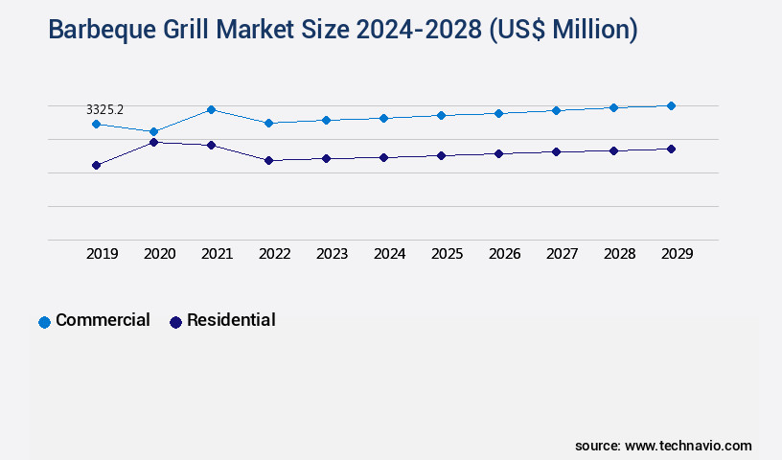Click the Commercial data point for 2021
211,109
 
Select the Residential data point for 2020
153,142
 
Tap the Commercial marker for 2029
671,105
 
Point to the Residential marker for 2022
268,160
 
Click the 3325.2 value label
104,110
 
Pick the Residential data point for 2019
96,165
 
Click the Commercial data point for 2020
153,131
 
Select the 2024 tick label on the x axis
389,254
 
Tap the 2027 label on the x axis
562,254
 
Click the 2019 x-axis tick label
102,254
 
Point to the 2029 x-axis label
677,254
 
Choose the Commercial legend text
103,320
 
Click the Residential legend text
231,320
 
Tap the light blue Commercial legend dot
44,322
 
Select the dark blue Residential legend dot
175,322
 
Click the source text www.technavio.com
688,446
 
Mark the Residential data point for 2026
498,153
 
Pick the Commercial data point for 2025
441,115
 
